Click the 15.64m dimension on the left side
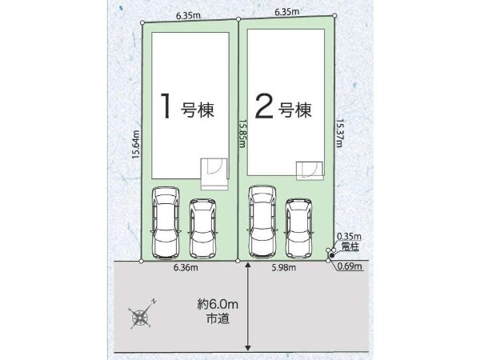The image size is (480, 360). pos(136,144)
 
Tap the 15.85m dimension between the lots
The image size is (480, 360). pos(242,134)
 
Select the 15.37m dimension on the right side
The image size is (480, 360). pos(339,133)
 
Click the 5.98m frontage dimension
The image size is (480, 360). pos(284,267)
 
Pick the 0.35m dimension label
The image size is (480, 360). pos(349,236)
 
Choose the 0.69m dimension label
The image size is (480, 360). pos(350,266)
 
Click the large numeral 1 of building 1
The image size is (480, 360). pos(166,106)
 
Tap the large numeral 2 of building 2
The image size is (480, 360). pos(264,106)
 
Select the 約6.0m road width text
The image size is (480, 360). pos(218,304)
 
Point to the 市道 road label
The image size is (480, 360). pos(218,319)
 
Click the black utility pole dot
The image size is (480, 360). pos(332,255)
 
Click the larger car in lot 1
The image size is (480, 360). pos(166,222)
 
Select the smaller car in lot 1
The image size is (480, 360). pos(202,228)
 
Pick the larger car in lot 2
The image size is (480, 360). pos(262,222)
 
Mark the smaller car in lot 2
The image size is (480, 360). pos(299,228)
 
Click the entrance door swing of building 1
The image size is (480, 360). pos(213,167)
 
